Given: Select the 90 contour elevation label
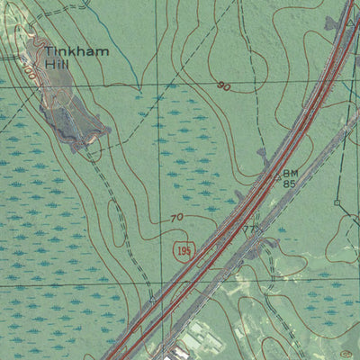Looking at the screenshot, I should [x=222, y=86].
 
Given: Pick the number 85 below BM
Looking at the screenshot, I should [x=290, y=184].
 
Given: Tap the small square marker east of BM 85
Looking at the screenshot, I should [x=337, y=203].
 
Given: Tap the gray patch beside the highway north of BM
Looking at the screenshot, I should [x=263, y=155].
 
